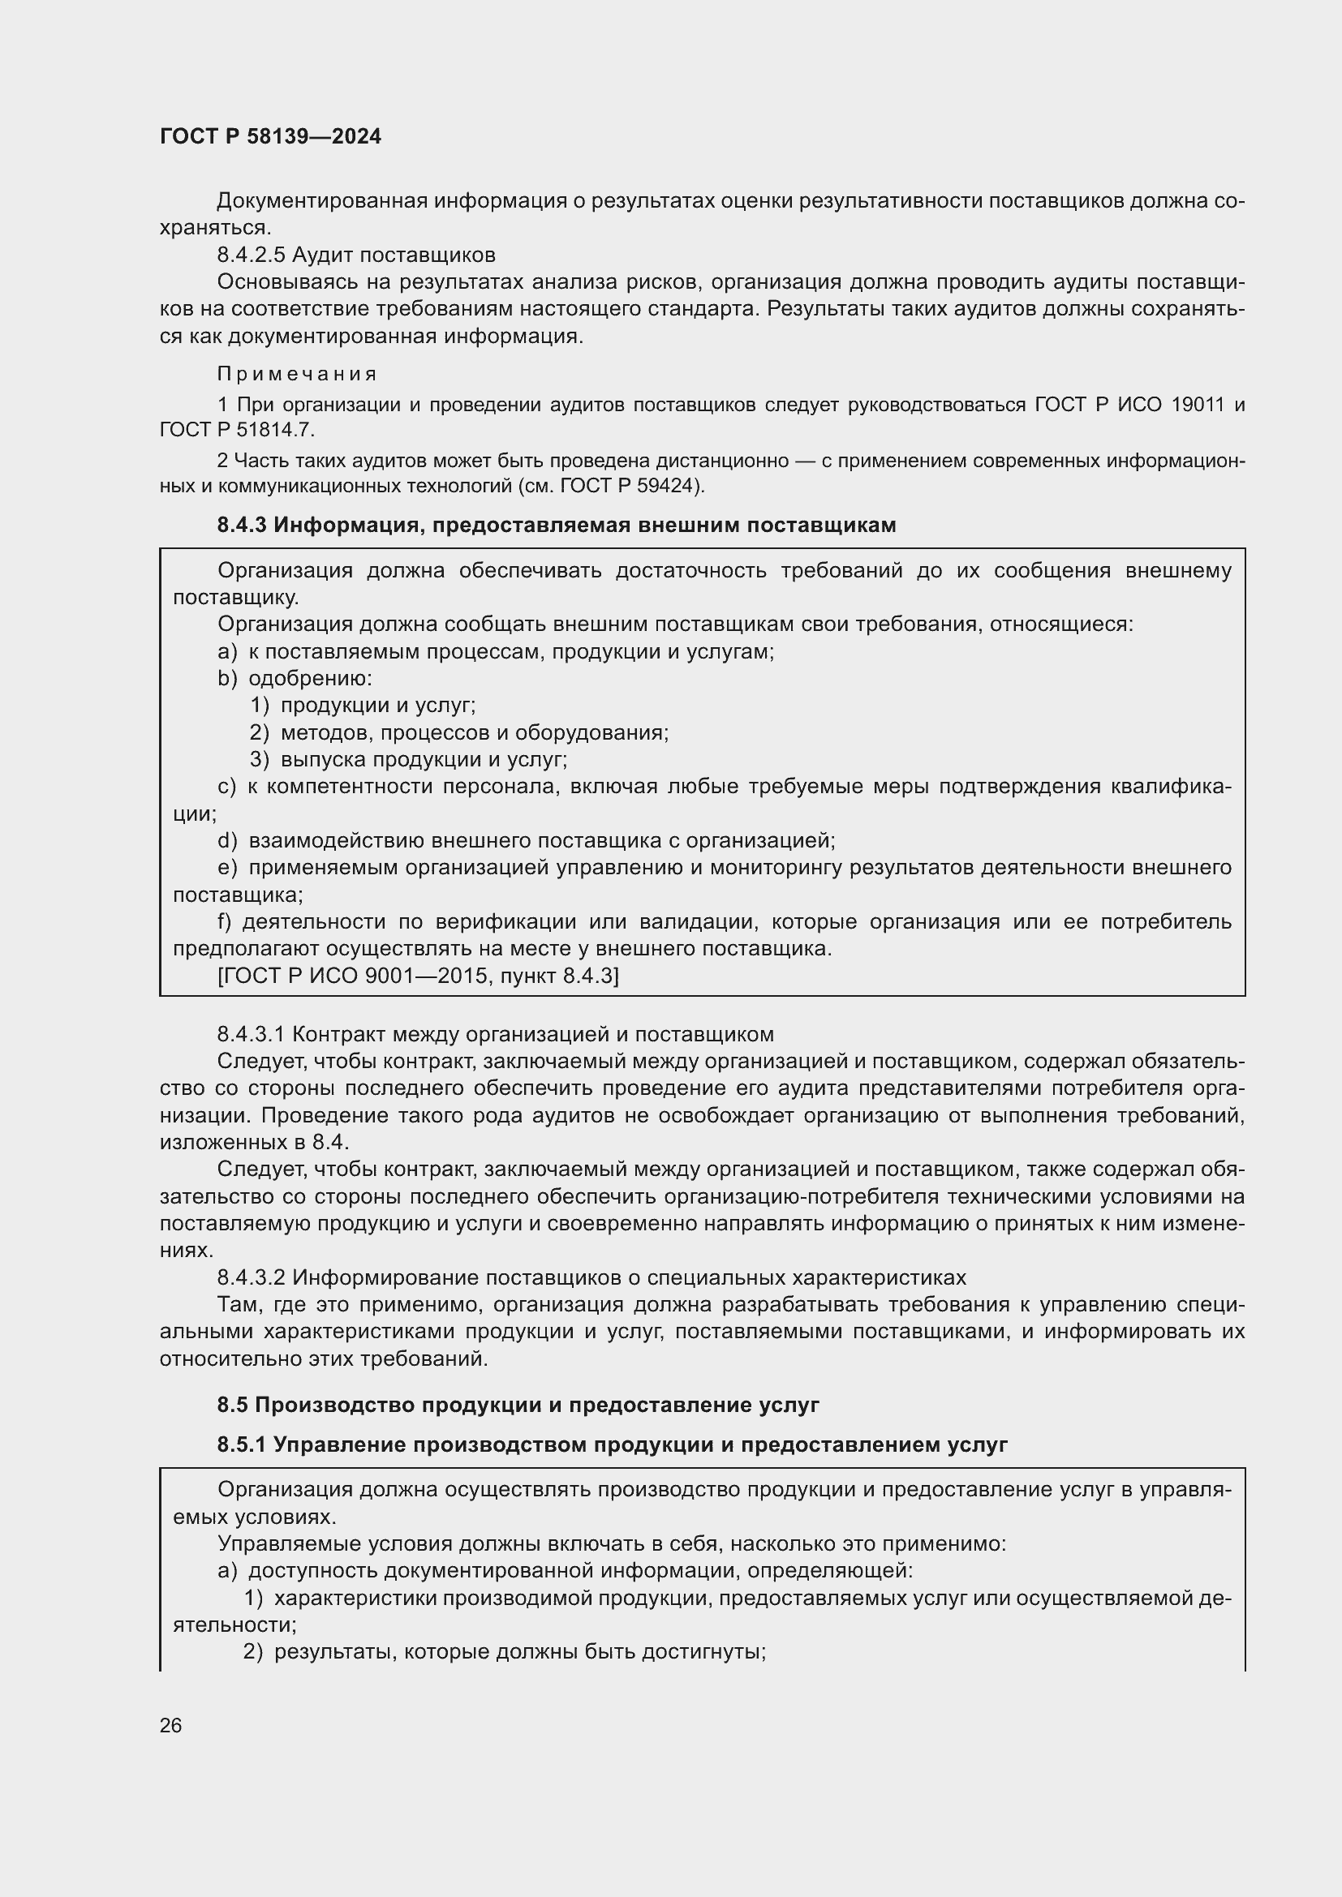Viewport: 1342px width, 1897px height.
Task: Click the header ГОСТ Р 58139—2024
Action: point(270,136)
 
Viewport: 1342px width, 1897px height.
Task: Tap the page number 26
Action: point(170,1725)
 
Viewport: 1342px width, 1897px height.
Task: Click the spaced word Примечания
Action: point(297,374)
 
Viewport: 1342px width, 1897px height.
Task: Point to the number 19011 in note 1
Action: point(1198,405)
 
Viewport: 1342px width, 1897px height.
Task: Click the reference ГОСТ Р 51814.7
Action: point(236,431)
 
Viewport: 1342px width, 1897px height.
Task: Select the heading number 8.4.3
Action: point(241,526)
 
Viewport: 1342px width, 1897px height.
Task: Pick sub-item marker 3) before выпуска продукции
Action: point(260,759)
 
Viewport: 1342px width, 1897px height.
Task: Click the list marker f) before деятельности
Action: point(225,921)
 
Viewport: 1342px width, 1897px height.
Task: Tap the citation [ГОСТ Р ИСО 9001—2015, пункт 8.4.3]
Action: point(417,976)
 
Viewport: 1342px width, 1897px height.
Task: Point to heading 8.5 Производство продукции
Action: point(518,1405)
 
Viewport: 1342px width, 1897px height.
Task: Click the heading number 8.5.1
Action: point(241,1444)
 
